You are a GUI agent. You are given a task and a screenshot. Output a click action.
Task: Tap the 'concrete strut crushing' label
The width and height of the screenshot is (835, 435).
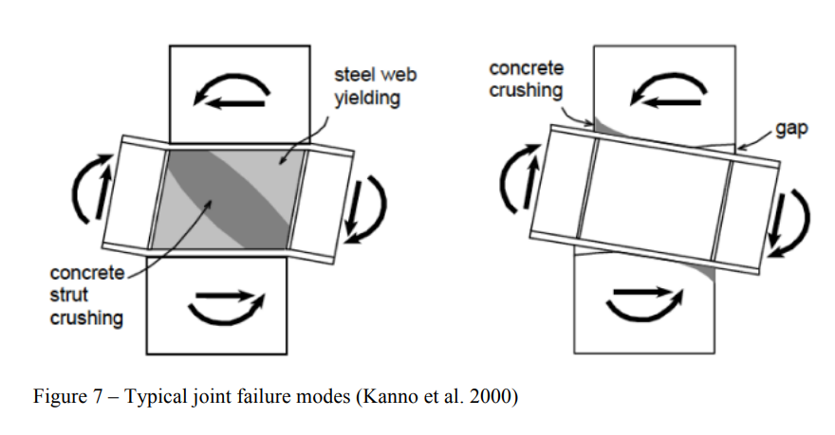[x=86, y=296]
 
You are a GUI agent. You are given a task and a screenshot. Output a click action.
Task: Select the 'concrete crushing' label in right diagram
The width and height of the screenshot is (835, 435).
[x=526, y=81]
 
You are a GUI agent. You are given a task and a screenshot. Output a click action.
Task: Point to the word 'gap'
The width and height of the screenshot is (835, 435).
[x=790, y=127]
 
